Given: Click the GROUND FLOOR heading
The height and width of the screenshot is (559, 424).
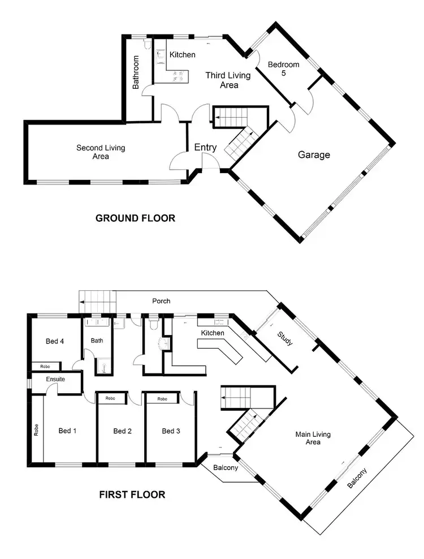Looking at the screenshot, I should pos(135,218).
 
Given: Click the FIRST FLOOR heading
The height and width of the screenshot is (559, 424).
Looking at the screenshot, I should pos(132,494).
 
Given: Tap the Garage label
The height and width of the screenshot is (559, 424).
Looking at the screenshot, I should pos(314,154).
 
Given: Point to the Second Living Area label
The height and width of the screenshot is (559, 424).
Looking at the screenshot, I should pos(101,152).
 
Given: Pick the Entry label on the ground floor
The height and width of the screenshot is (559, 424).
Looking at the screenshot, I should pos(205,147).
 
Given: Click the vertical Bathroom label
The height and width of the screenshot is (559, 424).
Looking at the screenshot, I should pos(136,72).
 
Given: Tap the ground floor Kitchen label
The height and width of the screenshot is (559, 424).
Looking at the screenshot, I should pos(183,54).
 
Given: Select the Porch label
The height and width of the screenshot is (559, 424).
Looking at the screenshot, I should pos(161,301).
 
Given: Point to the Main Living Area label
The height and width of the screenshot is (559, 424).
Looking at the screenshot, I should pos(313,438).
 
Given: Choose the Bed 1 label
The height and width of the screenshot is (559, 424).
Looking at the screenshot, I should pos(67,431).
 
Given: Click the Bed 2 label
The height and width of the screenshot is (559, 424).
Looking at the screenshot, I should pos(122,431).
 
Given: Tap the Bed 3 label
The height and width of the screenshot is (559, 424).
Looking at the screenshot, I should pos(171,431).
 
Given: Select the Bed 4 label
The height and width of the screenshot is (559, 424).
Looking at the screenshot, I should pos(54,341).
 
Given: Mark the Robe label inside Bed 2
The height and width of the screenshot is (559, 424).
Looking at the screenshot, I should pos(110,398).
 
